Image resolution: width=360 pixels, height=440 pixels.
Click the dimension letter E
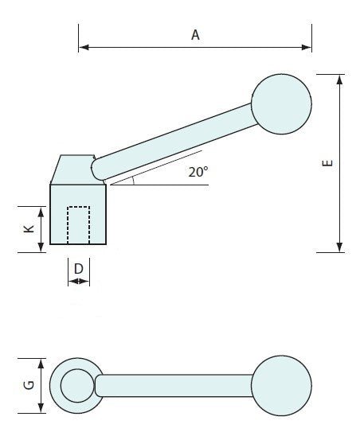point(327,164)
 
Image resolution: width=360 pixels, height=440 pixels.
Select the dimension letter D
point(78,269)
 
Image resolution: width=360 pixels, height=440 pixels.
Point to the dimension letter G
point(26,386)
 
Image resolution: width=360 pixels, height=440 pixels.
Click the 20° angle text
point(198,171)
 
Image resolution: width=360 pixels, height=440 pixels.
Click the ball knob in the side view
point(280,102)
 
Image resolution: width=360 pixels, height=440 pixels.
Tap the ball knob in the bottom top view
point(280,385)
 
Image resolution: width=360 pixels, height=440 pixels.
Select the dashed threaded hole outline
point(78,224)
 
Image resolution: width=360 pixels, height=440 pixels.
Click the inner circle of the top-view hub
point(76,386)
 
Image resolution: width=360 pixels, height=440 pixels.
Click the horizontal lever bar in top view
point(175,386)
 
